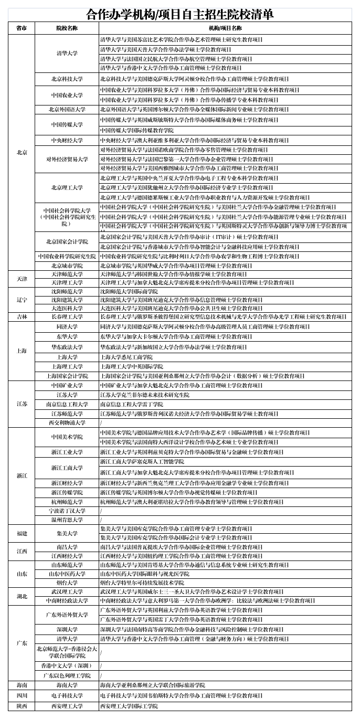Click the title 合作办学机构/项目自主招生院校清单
point(179,14)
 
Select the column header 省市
point(22,28)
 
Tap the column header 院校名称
point(67,28)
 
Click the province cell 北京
point(22,152)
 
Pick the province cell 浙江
point(22,475)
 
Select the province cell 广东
point(22,643)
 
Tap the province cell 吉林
point(22,317)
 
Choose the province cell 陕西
point(22,706)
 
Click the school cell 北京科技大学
point(67,79)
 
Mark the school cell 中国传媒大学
point(67,125)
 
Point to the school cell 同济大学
point(67,327)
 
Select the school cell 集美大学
point(67,533)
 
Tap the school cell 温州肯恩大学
point(67,520)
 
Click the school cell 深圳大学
point(67,629)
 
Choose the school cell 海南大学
point(67,685)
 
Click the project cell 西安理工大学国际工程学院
point(129,706)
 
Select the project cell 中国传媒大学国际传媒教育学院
point(137,130)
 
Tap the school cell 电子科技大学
point(67,695)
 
